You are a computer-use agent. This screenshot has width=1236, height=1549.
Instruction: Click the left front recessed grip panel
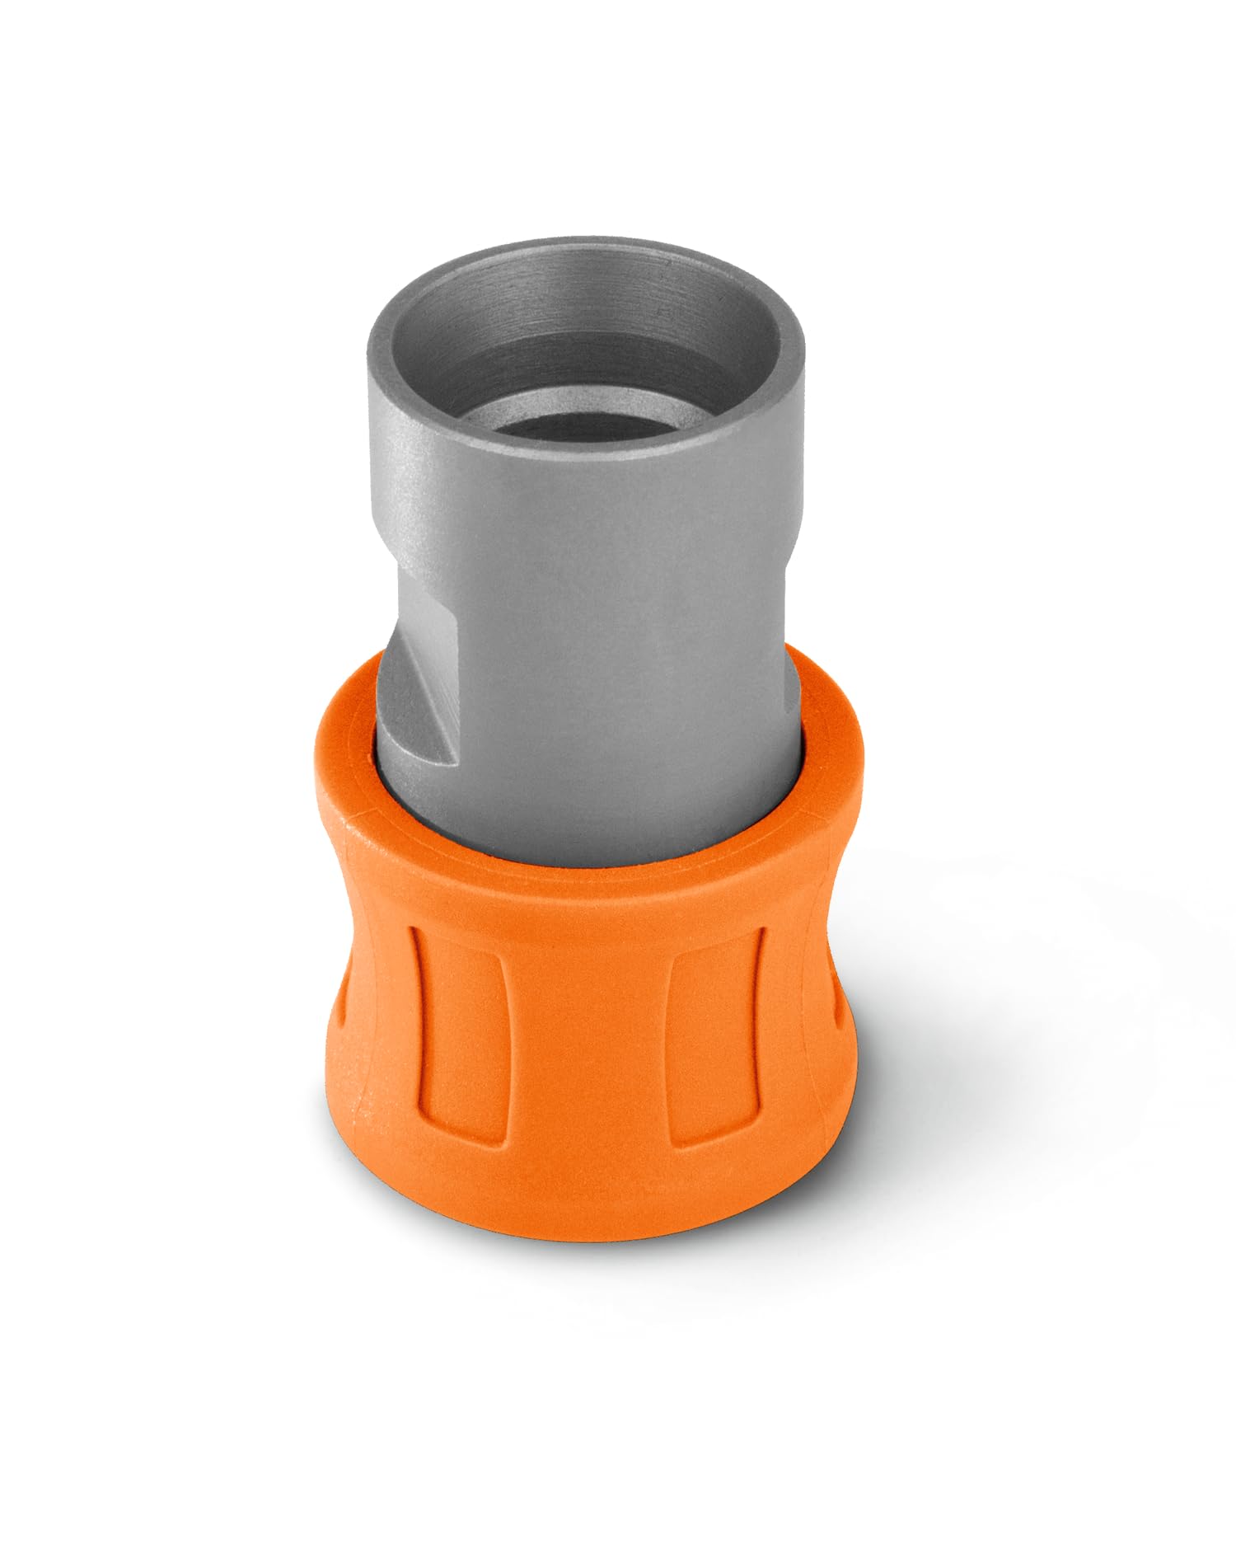[450, 1039]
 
